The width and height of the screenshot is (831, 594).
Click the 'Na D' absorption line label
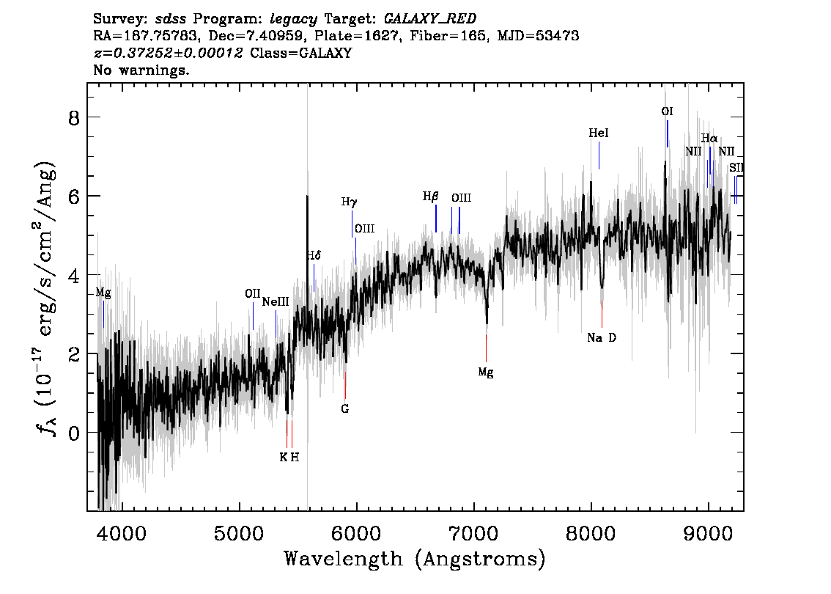pyautogui.click(x=602, y=338)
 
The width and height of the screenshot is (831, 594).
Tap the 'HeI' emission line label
pyautogui.click(x=599, y=133)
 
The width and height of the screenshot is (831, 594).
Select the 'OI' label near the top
pyautogui.click(x=667, y=111)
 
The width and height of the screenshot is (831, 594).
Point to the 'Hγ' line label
pyautogui.click(x=350, y=202)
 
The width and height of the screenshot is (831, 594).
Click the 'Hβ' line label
pyautogui.click(x=430, y=197)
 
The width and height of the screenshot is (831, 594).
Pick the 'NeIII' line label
pyautogui.click(x=276, y=302)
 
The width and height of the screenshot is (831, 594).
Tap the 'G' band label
pyautogui.click(x=345, y=409)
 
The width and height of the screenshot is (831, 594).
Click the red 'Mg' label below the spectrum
pyautogui.click(x=485, y=373)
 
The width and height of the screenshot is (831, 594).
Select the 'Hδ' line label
pyautogui.click(x=314, y=256)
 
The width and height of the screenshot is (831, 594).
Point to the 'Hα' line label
pyautogui.click(x=709, y=139)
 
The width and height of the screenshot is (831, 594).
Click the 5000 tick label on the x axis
pyautogui.click(x=238, y=533)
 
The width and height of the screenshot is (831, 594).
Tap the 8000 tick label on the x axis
pyautogui.click(x=591, y=533)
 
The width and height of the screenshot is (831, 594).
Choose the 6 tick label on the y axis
pyautogui.click(x=74, y=197)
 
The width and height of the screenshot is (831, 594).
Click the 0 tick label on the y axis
pyautogui.click(x=74, y=433)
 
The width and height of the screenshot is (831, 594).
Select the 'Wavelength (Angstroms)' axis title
pyautogui.click(x=415, y=559)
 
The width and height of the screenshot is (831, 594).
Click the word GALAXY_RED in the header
pyautogui.click(x=430, y=19)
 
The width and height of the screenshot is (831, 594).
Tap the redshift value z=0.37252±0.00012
pyautogui.click(x=168, y=53)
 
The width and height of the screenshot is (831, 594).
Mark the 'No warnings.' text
pyautogui.click(x=141, y=70)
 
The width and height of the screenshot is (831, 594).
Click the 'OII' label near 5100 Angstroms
pyautogui.click(x=253, y=294)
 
